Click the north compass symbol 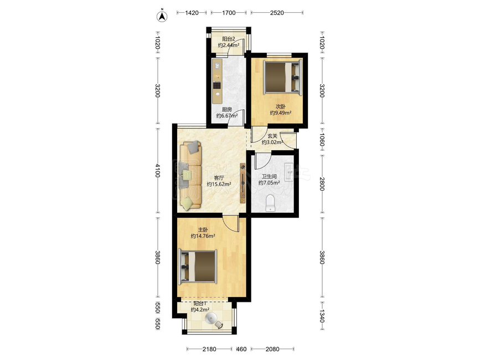coord(162,16)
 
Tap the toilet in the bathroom coord(271,203)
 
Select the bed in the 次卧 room coord(283,76)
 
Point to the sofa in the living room coord(190,176)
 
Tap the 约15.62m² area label coord(219,184)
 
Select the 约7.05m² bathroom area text coord(269,183)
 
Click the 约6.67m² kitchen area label coord(227,116)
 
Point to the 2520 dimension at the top coord(277,13)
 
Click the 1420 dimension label coord(192,13)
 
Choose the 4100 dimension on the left coord(157,171)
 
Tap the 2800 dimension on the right coord(322,184)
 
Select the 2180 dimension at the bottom coord(209,349)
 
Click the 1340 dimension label coord(322,316)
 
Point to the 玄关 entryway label coord(272,136)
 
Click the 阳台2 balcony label coord(228,39)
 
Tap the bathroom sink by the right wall coord(288,172)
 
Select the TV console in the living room coord(242,183)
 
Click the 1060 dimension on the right coord(322,139)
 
